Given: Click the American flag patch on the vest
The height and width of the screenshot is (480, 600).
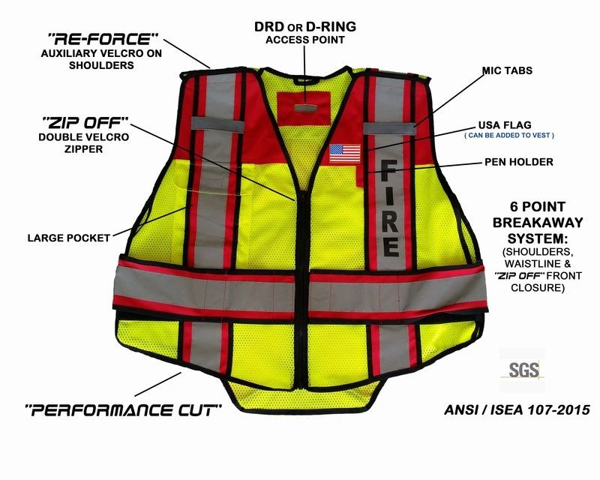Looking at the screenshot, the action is tap(345, 154).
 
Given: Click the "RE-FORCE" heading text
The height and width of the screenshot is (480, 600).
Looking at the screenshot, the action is tap(103, 39).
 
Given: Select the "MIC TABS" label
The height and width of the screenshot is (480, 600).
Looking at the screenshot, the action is tap(507, 70).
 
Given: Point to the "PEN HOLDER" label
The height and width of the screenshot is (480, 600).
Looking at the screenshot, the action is tap(519, 162).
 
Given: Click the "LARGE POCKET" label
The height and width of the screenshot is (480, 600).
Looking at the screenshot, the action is tap(69, 238).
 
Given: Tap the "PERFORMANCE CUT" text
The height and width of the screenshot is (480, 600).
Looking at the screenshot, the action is tap(123, 410).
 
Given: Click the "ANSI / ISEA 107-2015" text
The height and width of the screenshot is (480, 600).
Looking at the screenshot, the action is tap(517, 410).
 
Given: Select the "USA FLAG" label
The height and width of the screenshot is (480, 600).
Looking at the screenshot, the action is tap(505, 125).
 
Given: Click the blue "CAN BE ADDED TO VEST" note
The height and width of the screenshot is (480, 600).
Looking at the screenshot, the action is tap(509, 136).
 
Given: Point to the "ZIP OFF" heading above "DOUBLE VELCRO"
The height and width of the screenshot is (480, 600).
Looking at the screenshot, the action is tap(85, 123).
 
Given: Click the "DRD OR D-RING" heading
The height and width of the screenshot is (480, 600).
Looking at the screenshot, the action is tap(305, 27).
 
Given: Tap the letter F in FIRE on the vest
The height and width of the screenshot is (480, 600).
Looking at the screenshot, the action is tap(389, 169).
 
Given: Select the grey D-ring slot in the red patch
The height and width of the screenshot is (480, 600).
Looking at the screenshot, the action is tap(305, 108).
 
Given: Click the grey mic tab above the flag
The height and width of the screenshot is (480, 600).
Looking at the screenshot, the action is tap(389, 128).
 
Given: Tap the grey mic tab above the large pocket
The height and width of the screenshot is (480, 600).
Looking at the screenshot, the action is tap(217, 124).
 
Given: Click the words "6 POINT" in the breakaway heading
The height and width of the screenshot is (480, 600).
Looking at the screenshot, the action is tap(537, 207).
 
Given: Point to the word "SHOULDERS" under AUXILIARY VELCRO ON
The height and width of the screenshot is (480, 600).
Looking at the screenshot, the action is tap(101, 65).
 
